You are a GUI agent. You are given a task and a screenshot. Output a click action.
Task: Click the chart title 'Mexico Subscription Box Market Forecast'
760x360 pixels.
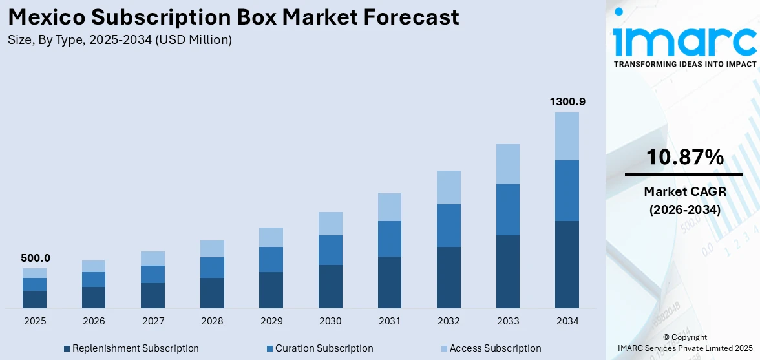(x=233, y=17)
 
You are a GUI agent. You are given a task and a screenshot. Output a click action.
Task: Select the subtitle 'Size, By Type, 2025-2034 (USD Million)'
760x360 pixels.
(x=120, y=40)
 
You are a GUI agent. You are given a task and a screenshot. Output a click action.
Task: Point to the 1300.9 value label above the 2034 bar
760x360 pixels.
(x=567, y=102)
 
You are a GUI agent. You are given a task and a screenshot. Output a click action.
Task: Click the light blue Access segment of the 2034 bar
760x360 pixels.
(x=567, y=136)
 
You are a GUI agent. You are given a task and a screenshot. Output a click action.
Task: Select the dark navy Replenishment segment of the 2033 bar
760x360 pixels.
(x=507, y=271)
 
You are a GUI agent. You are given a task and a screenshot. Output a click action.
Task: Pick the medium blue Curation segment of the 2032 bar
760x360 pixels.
(x=449, y=226)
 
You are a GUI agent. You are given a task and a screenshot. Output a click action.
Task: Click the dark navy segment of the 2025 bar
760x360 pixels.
(x=34, y=299)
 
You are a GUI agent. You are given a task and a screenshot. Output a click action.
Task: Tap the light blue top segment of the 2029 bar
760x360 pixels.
(x=271, y=237)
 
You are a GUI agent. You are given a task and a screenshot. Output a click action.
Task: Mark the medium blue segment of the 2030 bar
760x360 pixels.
(x=330, y=250)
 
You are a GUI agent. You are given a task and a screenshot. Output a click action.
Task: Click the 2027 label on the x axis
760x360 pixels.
(x=153, y=321)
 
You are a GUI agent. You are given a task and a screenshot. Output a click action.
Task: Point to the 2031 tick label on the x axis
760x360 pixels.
(x=389, y=321)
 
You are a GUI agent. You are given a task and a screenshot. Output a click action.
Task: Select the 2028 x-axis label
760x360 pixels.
(x=212, y=321)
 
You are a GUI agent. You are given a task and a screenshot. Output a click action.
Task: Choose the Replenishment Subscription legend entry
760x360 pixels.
(x=131, y=348)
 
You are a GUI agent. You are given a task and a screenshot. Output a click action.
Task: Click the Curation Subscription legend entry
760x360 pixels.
(x=319, y=348)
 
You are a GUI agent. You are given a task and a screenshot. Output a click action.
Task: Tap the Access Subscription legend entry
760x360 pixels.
(x=491, y=348)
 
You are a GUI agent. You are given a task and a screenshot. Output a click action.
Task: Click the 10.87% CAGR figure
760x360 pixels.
(x=684, y=157)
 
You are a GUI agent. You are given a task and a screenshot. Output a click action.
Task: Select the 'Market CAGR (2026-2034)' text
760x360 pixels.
(x=684, y=200)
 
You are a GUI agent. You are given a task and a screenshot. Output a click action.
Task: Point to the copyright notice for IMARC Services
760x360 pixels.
(x=684, y=343)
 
